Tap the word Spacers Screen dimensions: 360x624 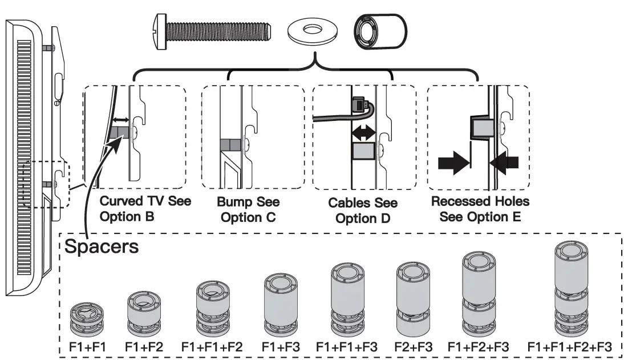(x=101, y=248)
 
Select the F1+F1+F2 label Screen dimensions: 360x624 (x=212, y=347)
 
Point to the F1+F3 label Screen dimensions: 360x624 (x=280, y=347)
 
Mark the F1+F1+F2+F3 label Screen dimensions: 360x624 (x=570, y=347)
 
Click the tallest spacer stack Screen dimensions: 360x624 (x=572, y=291)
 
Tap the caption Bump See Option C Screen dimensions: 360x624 (x=248, y=210)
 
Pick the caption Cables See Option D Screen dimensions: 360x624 (x=363, y=211)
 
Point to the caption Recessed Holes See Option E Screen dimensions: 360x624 (x=480, y=209)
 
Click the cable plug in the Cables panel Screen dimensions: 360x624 (x=360, y=104)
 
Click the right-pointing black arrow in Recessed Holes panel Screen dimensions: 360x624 (x=453, y=163)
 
